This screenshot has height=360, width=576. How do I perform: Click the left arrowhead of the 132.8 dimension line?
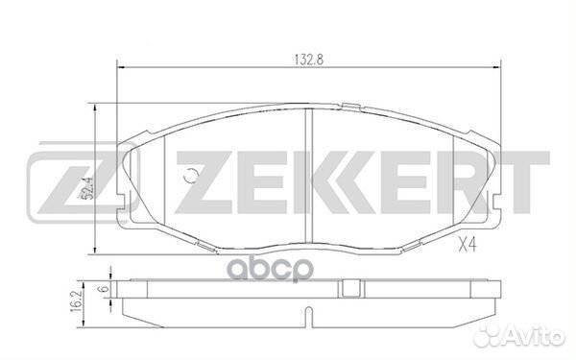(119, 65)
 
